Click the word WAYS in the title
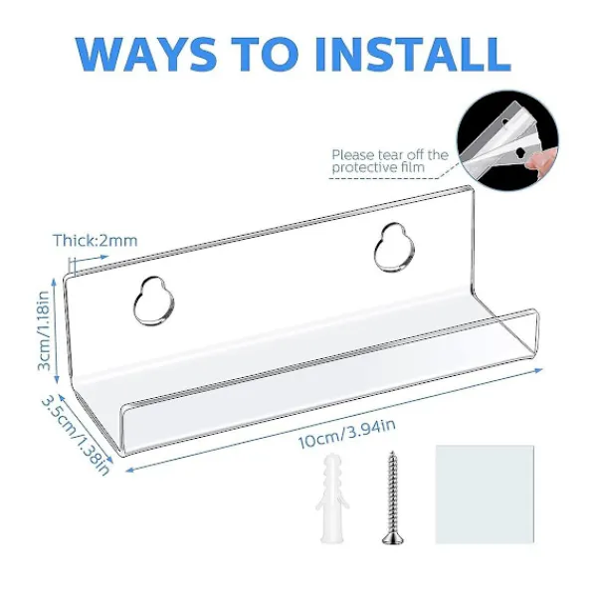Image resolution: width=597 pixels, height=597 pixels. (x=147, y=54)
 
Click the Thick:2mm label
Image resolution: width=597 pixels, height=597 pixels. (x=96, y=241)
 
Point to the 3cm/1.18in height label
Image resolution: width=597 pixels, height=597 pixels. (x=44, y=330)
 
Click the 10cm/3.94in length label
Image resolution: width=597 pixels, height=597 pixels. (x=346, y=434)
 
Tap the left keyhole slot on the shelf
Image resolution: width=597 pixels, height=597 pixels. (x=154, y=301)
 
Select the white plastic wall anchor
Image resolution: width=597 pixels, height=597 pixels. (x=332, y=498)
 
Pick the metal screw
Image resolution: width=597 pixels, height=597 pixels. (x=393, y=498)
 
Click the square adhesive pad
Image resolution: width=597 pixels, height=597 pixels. (x=485, y=494)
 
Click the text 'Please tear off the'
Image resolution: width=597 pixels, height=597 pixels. (x=390, y=155)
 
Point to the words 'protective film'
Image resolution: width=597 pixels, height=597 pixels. (x=378, y=167)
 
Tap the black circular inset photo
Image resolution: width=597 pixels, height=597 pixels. (x=507, y=140)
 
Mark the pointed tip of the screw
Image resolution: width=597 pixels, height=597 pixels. (x=392, y=453)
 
